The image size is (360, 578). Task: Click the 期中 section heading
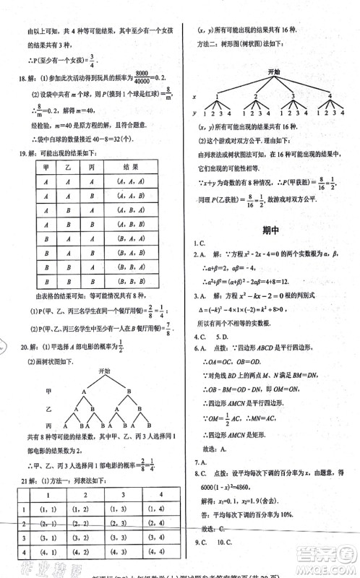click(x=271, y=230)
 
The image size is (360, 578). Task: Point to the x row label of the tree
click(x=194, y=96)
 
